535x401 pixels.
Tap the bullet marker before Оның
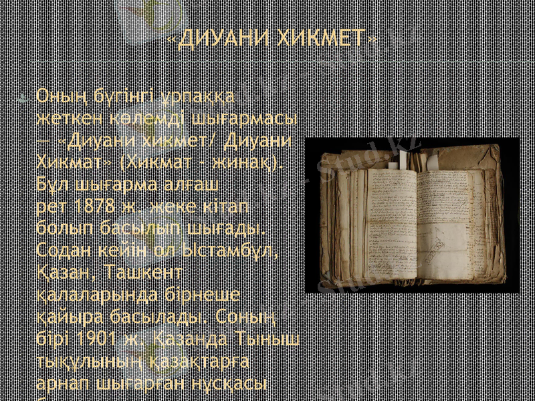pos(23,98)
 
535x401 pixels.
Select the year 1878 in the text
pos(84,207)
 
